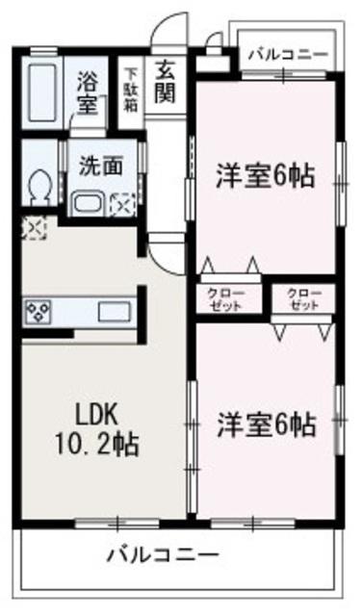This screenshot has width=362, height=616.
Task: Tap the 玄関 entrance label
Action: pos(165,82)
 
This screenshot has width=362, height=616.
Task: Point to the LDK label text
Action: pos(97,413)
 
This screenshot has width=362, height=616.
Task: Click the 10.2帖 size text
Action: pos(97,444)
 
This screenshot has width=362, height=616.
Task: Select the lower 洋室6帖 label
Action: pos(264,423)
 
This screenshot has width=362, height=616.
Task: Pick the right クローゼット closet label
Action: pos(303,298)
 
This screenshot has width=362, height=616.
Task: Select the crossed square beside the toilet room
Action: pos(32,228)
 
